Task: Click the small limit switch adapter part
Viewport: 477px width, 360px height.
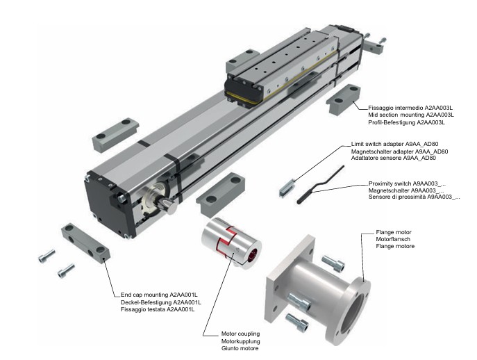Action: (285, 187)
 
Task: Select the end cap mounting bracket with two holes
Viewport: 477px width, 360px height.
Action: (87, 243)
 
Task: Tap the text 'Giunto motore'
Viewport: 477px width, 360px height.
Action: (239, 347)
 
